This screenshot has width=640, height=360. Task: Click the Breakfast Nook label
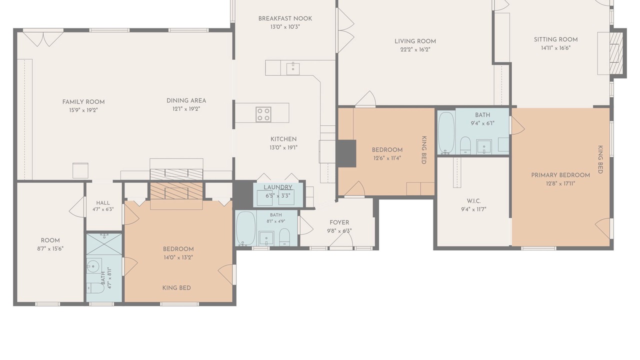(x=285, y=18)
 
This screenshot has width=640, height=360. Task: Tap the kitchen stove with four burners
(x=263, y=114)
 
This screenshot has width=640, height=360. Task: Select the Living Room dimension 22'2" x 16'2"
(x=415, y=49)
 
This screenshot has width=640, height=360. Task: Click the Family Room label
(x=83, y=102)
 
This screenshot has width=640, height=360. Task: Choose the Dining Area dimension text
(x=186, y=109)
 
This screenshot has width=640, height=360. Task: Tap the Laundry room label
(x=277, y=187)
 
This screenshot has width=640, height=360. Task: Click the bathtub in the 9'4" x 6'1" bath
(x=446, y=132)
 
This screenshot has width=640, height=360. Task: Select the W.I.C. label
(x=473, y=201)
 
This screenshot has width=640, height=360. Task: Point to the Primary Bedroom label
(x=560, y=175)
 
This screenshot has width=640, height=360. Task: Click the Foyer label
(x=339, y=222)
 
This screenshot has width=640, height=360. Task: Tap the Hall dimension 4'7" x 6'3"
(x=103, y=209)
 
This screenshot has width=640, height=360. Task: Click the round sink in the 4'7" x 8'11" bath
(x=93, y=267)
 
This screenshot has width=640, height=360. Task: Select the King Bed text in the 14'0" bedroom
(x=176, y=288)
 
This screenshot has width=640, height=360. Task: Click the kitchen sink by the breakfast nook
(x=293, y=69)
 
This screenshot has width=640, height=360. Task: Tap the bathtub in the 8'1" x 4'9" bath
(x=245, y=228)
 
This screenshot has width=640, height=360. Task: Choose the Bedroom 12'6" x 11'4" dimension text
(x=387, y=158)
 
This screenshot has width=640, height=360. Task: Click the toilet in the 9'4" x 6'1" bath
(x=465, y=145)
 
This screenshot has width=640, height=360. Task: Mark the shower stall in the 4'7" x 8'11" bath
(x=104, y=244)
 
